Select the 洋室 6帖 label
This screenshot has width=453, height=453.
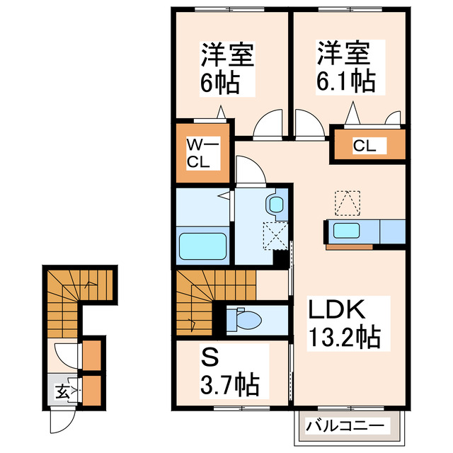227,69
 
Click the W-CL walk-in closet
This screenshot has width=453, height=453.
203,154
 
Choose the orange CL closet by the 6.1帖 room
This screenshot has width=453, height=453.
369,146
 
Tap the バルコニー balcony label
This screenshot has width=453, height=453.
347,426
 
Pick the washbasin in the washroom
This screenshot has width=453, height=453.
275,205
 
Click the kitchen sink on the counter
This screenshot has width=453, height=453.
347,231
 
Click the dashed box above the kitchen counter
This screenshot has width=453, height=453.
347,202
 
